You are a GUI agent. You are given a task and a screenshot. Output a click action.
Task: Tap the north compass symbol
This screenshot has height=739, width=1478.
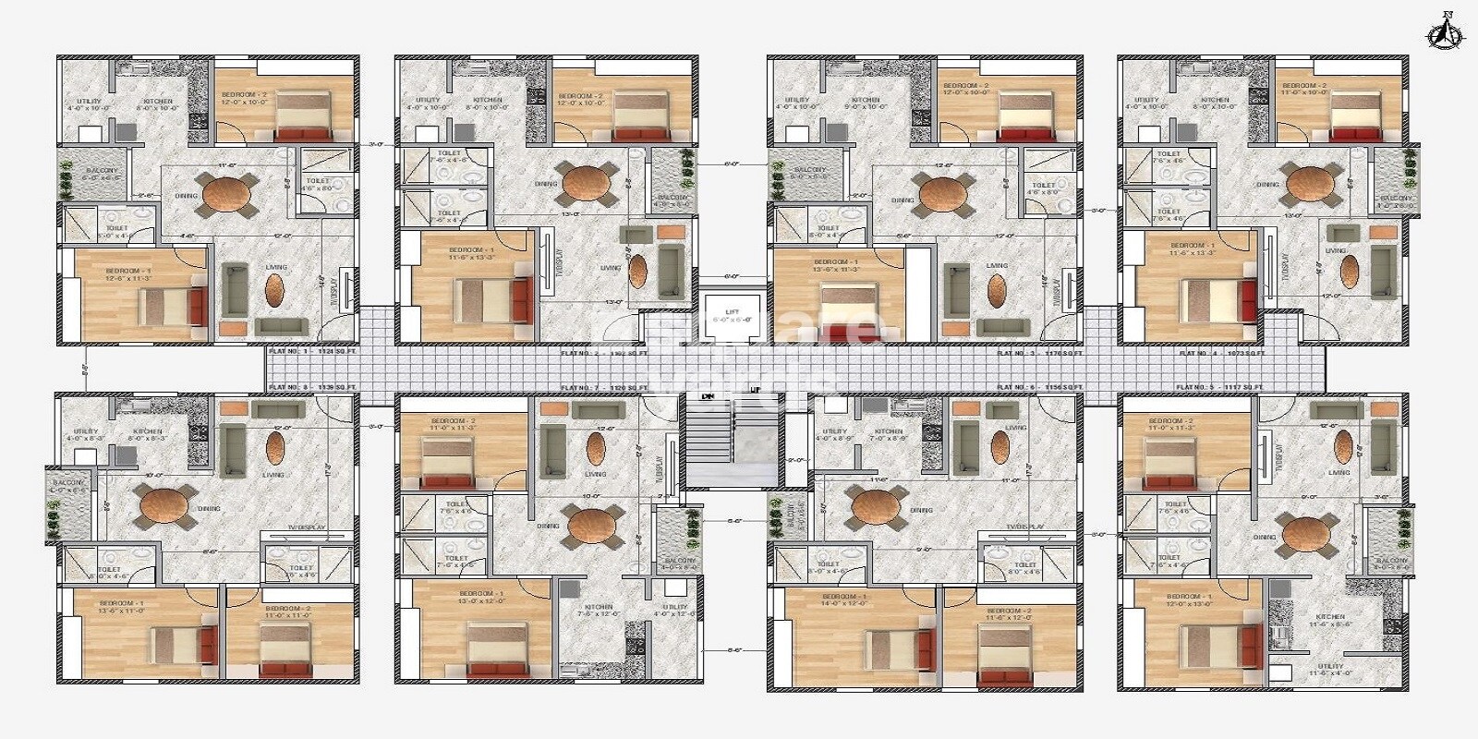point(1446,31)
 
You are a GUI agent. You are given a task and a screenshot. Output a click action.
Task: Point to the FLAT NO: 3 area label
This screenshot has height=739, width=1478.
point(1040,353)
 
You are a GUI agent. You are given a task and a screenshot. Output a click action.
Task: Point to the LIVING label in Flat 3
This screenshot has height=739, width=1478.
point(997,266)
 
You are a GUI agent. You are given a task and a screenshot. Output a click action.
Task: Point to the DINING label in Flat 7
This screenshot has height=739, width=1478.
point(548,526)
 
